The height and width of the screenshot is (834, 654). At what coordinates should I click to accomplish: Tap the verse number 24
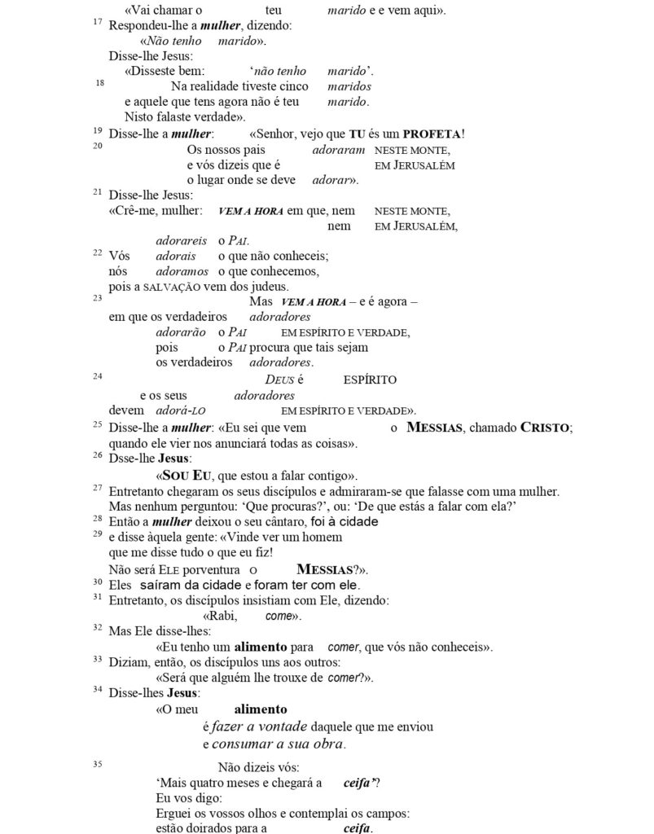click(x=98, y=375)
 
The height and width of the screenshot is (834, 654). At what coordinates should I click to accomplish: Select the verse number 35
click(x=98, y=764)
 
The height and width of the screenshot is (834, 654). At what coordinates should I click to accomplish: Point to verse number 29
click(x=98, y=534)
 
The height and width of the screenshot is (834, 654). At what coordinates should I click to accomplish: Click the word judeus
click(x=268, y=287)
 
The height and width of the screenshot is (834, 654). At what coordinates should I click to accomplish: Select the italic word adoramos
click(x=182, y=271)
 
